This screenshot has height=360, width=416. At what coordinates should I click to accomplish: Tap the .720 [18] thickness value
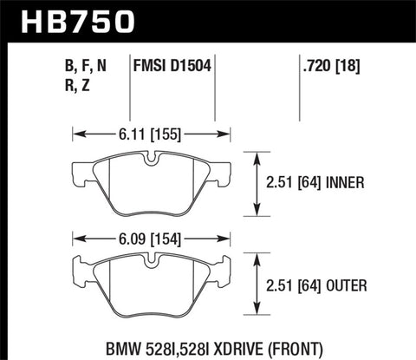pos(325,63)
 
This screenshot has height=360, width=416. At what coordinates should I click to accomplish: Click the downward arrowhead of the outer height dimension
pos(257,310)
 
